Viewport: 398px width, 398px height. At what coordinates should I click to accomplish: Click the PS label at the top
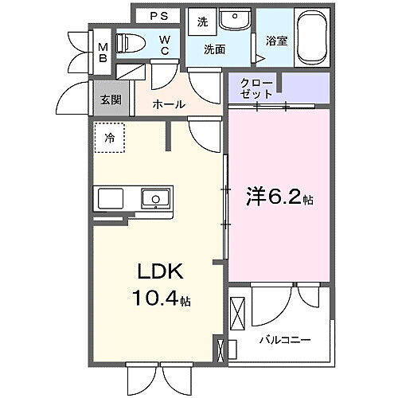click(159, 16)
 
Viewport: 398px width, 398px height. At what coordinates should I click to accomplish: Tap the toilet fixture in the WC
click(131, 42)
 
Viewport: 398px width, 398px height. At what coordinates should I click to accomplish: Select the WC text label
click(165, 45)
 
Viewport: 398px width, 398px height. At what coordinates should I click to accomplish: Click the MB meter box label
click(103, 53)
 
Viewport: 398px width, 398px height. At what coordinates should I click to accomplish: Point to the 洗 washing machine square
click(202, 22)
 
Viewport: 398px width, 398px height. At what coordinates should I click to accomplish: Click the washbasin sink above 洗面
click(235, 18)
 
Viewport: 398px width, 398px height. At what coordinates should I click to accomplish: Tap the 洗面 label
click(214, 49)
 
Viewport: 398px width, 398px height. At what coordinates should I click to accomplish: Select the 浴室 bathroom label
click(277, 41)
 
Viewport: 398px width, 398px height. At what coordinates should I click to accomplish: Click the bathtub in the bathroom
click(313, 37)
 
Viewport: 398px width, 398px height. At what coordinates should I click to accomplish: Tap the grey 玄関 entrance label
click(111, 99)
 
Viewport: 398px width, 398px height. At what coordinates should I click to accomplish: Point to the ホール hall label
click(169, 104)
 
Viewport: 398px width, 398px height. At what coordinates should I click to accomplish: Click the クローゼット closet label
click(256, 88)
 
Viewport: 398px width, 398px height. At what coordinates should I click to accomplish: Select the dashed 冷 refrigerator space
click(110, 138)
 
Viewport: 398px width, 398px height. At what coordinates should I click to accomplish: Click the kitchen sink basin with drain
click(155, 198)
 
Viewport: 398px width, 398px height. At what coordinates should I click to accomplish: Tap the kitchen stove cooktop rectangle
click(111, 198)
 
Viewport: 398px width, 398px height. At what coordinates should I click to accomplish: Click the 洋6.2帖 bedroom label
click(279, 197)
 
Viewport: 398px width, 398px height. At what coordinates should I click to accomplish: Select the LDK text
click(161, 271)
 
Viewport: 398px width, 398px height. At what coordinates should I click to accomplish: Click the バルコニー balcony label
click(285, 340)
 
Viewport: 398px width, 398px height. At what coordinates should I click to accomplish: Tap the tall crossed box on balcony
click(237, 313)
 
